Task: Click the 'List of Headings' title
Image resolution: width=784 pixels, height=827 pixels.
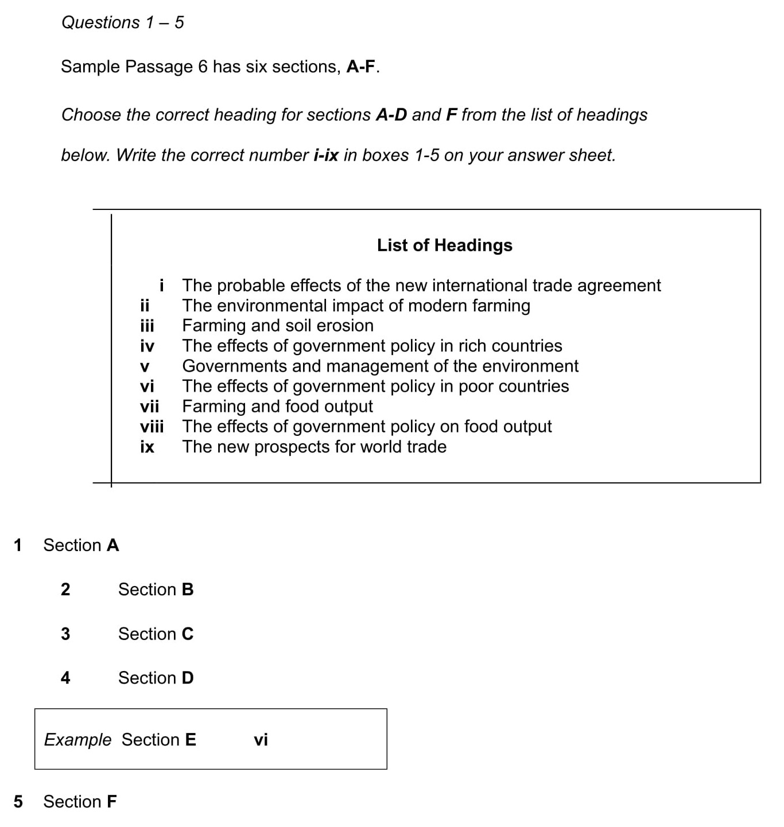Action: tap(444, 245)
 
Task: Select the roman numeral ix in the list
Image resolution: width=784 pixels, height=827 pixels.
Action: tap(147, 447)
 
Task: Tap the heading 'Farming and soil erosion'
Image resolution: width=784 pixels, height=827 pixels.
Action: tap(278, 326)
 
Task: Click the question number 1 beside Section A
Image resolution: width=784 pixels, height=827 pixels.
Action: tap(18, 545)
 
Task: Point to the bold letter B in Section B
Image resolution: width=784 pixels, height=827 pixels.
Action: tap(188, 590)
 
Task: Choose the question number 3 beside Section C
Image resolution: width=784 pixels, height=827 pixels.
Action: tap(65, 634)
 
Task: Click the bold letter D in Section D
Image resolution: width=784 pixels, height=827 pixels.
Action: tap(188, 678)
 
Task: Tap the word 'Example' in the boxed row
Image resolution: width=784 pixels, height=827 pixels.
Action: tap(77, 740)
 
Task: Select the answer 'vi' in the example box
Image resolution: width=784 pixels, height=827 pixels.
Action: tap(261, 740)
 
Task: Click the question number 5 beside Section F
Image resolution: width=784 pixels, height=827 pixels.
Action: tap(18, 801)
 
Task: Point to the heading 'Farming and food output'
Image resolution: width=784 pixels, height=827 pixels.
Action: tap(277, 407)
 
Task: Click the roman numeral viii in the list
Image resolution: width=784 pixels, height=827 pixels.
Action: tap(152, 427)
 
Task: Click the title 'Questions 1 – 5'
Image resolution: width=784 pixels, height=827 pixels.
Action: tap(122, 22)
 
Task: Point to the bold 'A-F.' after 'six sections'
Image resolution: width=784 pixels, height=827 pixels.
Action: tap(363, 67)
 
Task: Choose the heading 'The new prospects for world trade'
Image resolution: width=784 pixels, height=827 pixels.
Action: tap(314, 447)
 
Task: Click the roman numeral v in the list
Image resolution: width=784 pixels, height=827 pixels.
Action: tap(145, 366)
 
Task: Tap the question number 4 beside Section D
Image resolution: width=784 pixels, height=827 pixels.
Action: tap(65, 678)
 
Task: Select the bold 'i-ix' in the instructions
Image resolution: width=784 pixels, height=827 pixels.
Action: tap(325, 155)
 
